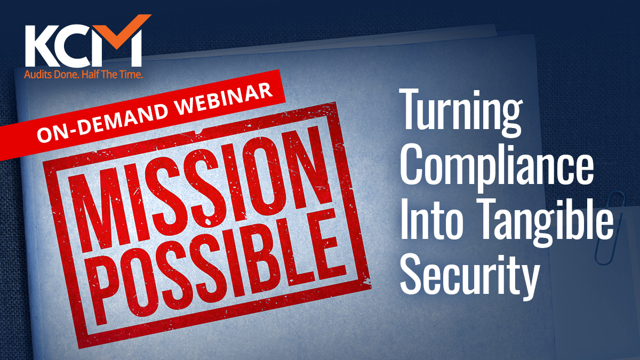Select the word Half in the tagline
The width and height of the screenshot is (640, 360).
click(90, 75)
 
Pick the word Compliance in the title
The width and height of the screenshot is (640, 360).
click(497, 169)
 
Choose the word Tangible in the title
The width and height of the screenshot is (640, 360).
click(545, 223)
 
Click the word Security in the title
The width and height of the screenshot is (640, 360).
click(470, 276)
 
